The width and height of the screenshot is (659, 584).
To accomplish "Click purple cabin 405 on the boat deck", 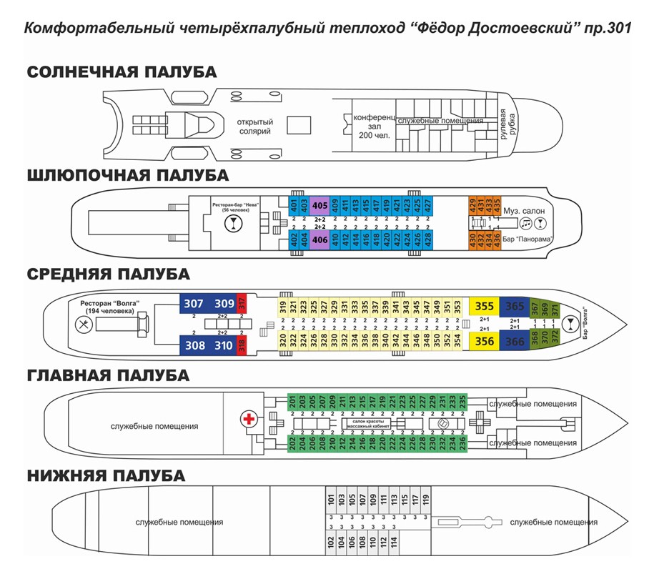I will coord(319,204).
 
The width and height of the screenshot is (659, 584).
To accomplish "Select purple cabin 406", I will coord(319,240).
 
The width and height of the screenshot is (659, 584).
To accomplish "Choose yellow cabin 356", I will coord(484,341).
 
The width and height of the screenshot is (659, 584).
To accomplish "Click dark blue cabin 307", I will coord(194,303).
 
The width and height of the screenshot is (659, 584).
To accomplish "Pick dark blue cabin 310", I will coord(224,345).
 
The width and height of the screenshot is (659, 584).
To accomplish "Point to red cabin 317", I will coord(242,303).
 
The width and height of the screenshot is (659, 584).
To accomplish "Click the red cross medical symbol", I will coord(249,418).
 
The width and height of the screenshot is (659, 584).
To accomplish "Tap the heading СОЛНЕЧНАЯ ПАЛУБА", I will coord(122,72).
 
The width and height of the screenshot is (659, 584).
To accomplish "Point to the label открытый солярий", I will coord(255,126).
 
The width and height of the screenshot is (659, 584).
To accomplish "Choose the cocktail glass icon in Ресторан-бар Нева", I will coord(232,223).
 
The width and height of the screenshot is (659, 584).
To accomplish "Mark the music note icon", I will coord(526,223).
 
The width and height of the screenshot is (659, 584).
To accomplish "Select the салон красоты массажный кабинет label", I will coord(368,425).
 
